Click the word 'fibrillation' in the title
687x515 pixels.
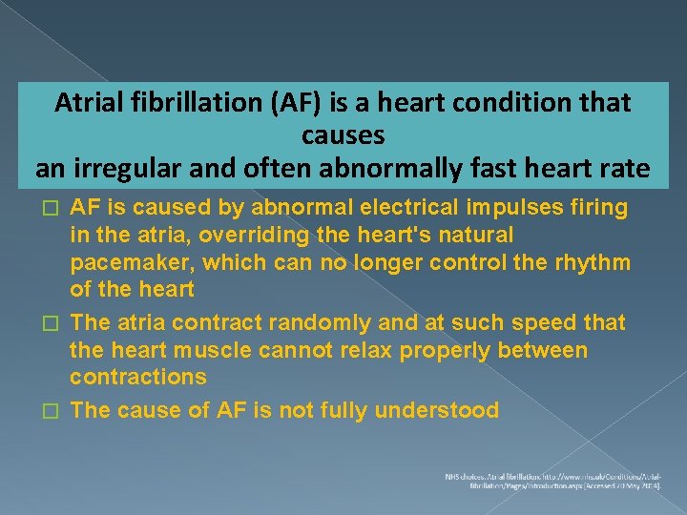[x=187, y=103]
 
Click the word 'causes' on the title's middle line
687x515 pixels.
[x=343, y=135]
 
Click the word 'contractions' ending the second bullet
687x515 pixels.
[x=137, y=377]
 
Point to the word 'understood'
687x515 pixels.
[x=436, y=411]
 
